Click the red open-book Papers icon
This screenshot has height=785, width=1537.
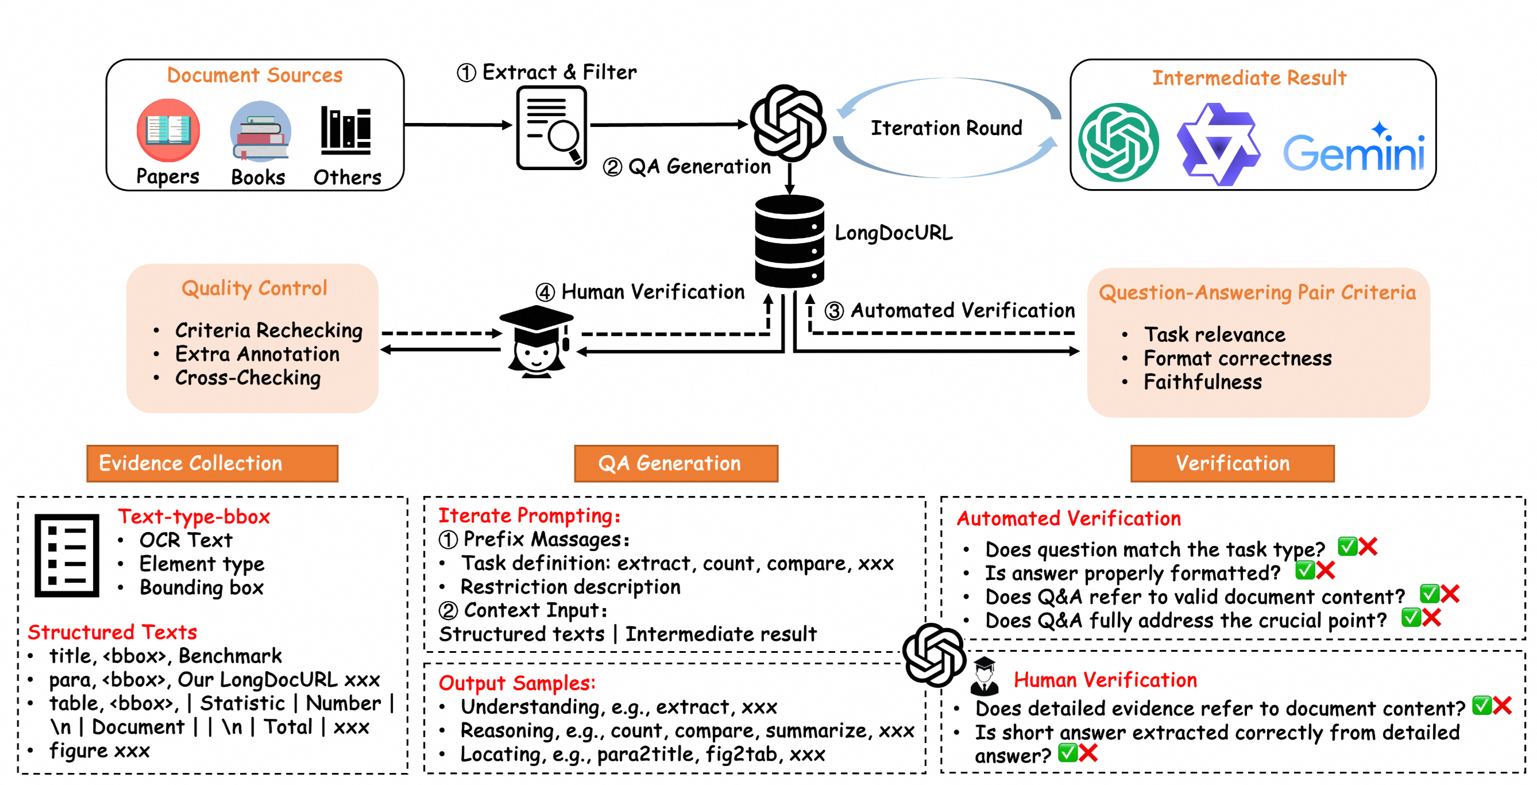(x=168, y=130)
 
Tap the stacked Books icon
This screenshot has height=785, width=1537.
(x=260, y=130)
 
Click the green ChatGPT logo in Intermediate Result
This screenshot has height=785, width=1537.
(x=1119, y=142)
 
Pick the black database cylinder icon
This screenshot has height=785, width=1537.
(x=789, y=242)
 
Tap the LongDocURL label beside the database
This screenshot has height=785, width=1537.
(x=893, y=233)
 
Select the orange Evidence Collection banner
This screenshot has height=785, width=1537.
(x=212, y=463)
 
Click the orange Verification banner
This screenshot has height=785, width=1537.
(x=1232, y=463)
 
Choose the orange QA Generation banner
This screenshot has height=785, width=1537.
(x=675, y=463)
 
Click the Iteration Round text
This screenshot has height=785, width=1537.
(x=947, y=128)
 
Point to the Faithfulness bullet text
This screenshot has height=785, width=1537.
(x=1202, y=382)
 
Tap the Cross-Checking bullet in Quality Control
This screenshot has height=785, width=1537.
(x=248, y=378)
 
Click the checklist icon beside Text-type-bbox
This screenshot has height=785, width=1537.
(x=67, y=555)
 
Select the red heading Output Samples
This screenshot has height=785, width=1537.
(x=517, y=682)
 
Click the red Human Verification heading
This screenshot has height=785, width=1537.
(x=1105, y=680)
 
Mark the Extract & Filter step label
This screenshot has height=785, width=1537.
(x=559, y=72)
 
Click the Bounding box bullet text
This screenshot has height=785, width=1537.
(x=202, y=587)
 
